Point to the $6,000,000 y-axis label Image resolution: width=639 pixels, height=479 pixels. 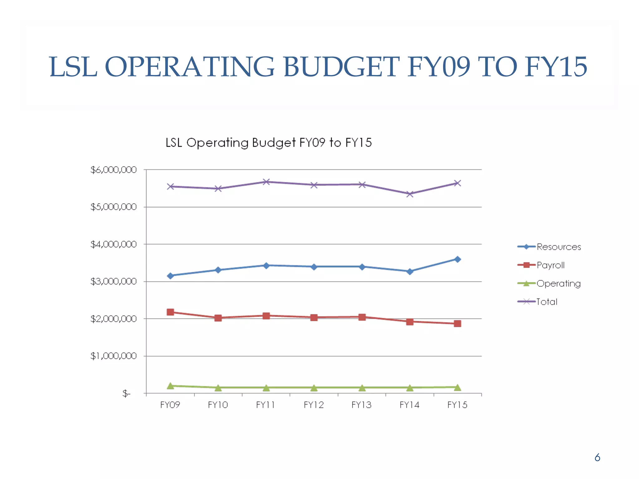pos(113,170)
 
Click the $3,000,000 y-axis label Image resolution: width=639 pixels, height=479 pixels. pos(113,282)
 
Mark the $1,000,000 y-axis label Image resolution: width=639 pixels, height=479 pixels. pos(113,356)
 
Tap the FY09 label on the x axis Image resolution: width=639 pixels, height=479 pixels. pos(170,405)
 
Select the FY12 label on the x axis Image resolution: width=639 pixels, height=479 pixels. pos(314,405)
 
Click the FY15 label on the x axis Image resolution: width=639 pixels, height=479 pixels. pos(457,405)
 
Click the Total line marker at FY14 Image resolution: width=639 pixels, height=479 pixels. pos(410,194)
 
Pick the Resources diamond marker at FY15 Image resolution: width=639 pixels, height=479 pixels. pos(457,259)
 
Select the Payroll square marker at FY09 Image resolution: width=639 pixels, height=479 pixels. pos(170,312)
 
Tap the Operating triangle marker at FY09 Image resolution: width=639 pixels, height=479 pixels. pos(170,386)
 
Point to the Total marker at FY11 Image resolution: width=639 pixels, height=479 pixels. pos(266,182)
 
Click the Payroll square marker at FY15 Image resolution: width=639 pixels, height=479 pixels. pos(457,324)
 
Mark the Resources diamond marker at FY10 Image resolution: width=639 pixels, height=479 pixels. pos(218,270)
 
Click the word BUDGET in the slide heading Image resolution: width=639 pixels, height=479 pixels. pos(341,67)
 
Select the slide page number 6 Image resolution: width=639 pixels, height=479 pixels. pos(597,457)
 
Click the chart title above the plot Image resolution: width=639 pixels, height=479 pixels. pos(269,143)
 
